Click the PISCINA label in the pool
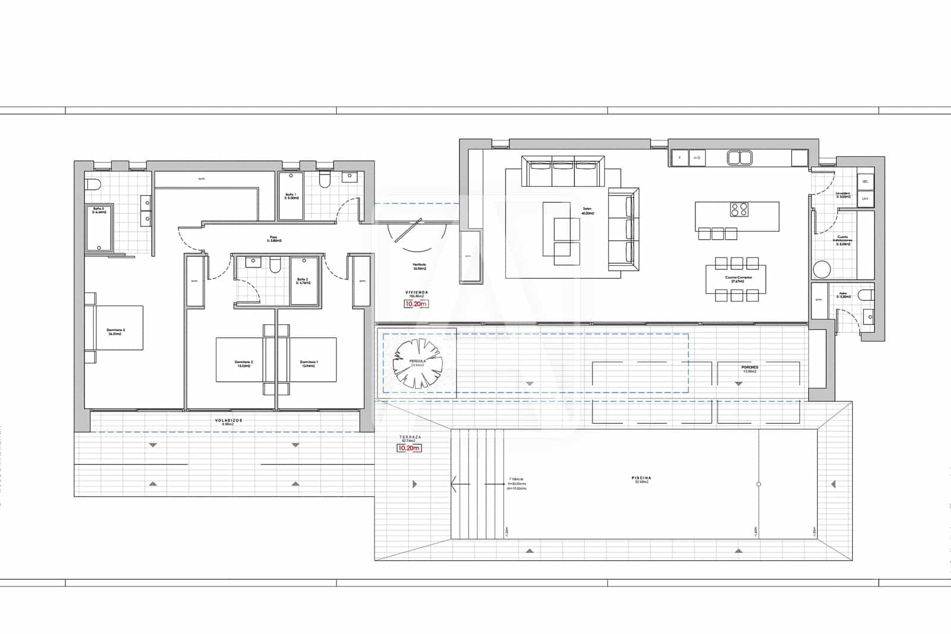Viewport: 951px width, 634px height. (641, 478)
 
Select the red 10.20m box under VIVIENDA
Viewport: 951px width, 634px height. (416, 304)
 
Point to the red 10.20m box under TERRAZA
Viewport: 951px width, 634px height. (409, 448)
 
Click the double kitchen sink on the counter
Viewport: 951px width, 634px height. (739, 158)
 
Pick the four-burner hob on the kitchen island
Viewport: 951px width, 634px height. (739, 209)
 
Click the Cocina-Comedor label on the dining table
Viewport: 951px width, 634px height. (735, 279)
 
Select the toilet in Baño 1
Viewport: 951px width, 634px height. (325, 180)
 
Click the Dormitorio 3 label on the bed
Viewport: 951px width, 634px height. (115, 331)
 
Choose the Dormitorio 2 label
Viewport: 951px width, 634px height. (244, 363)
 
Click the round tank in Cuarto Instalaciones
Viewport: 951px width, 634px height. (821, 270)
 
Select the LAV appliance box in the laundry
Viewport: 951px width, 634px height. (865, 199)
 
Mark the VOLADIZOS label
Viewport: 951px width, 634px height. (228, 420)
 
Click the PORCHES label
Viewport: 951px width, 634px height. (750, 368)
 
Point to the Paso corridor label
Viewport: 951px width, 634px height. (273, 238)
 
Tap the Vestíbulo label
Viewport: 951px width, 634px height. (420, 266)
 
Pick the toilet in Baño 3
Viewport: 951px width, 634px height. (93, 186)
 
